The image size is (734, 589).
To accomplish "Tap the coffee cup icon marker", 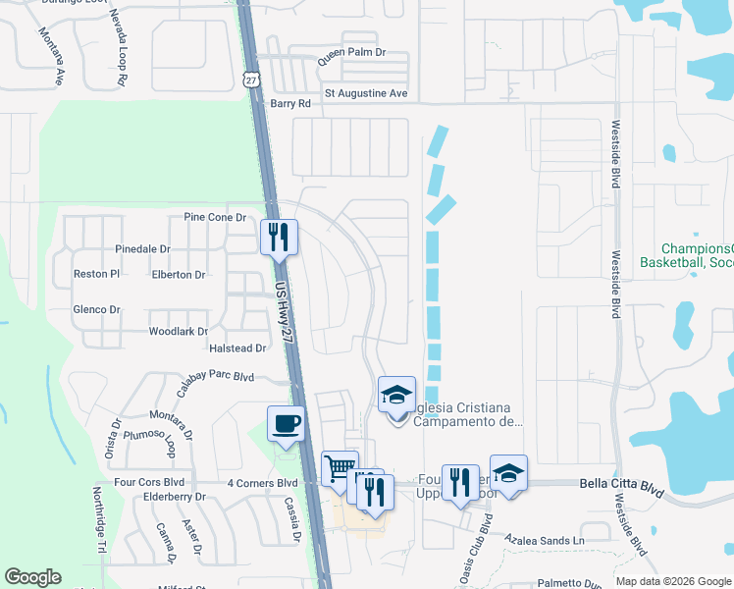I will pos(286,424).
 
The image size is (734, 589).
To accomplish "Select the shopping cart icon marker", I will pos(340,468).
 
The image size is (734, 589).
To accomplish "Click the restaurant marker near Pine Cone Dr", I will pos(278,237).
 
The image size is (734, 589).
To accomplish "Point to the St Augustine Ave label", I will pos(365,94).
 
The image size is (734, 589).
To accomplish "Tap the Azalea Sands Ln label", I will pos(545,541).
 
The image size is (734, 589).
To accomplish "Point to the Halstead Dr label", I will pos(238,348).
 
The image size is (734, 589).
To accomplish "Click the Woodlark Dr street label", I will pos(178,332).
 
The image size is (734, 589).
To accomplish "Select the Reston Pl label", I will pos(96,275).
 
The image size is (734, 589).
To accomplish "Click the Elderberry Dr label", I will pos(173,497).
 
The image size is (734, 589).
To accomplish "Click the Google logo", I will pos(32,577).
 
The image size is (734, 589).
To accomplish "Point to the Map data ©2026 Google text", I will pos(673,581).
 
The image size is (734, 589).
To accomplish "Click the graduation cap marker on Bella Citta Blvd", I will pos(508,472).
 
